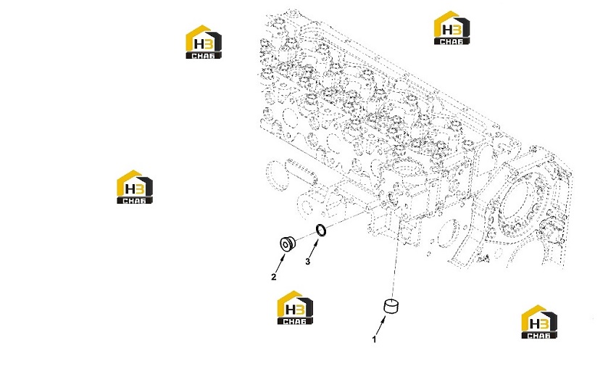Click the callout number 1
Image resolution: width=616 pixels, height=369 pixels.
[375, 339]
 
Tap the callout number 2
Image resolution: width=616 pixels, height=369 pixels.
[274, 277]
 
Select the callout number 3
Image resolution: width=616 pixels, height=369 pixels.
[307, 261]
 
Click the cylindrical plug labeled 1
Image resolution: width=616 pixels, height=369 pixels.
[391, 306]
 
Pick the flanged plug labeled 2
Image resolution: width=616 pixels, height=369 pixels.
[287, 244]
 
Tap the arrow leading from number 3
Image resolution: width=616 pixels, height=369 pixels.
[314, 249]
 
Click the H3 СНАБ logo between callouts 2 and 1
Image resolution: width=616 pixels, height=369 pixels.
[295, 307]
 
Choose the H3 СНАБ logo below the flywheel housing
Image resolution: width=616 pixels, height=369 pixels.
[539, 322]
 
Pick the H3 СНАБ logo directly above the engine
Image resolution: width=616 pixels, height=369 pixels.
[451, 28]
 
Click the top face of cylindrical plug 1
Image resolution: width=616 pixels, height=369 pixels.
[391, 302]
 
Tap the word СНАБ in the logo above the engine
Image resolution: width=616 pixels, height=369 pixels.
[451, 41]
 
